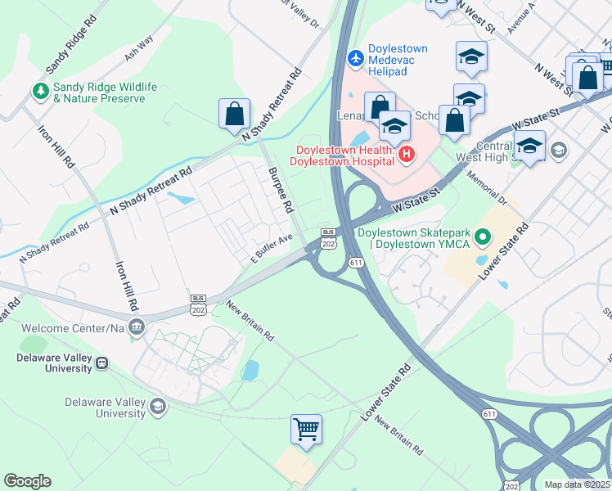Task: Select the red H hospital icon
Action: point(407,153)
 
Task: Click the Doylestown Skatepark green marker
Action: point(483,238)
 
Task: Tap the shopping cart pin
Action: point(306,429)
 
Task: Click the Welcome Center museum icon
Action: point(138,327)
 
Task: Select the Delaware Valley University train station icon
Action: point(102,363)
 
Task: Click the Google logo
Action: point(27,481)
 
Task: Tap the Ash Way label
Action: point(139,52)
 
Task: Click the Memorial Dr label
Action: point(488,188)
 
